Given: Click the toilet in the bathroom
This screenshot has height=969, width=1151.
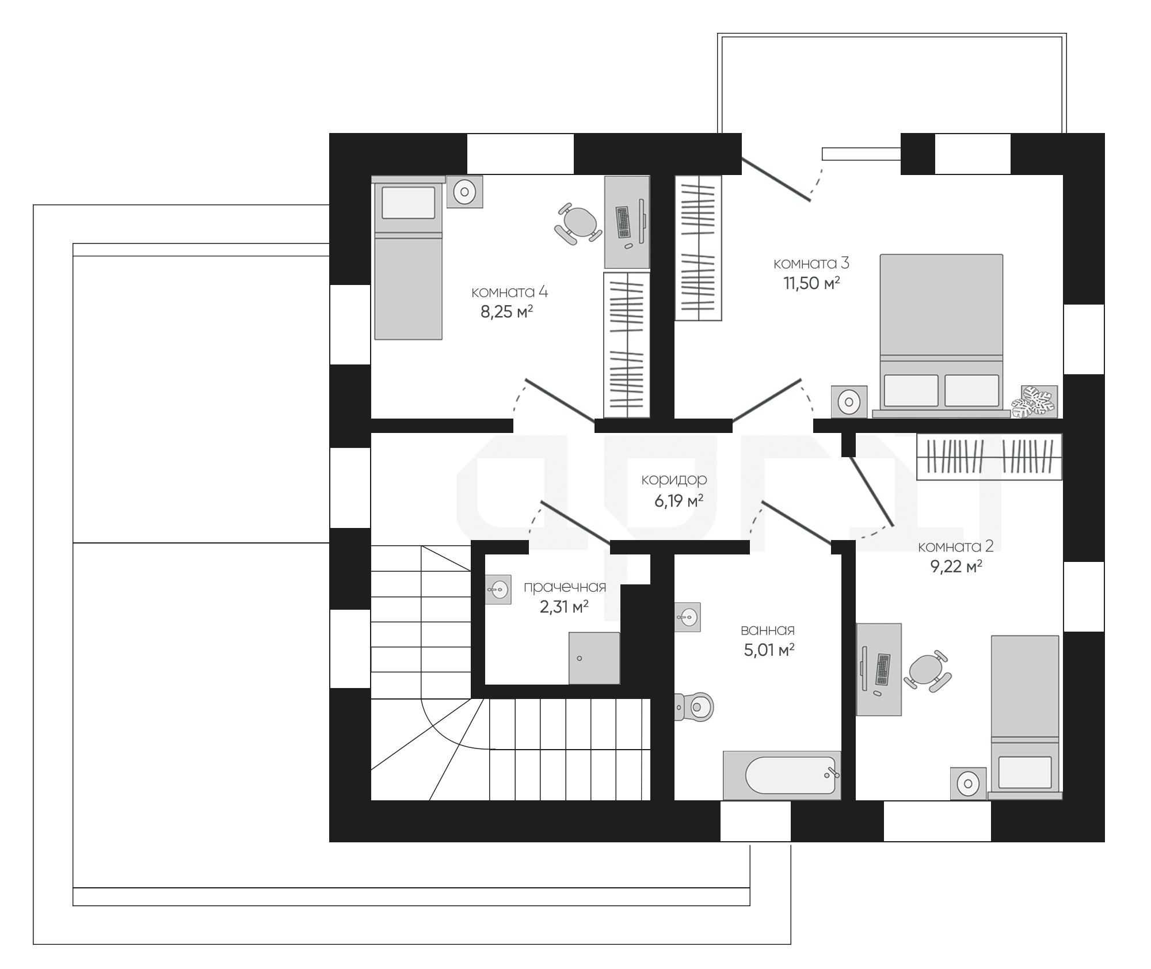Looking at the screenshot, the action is point(695,706).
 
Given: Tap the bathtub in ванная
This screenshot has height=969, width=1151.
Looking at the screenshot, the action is point(782,775).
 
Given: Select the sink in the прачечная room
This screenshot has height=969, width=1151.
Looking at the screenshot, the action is point(498,589).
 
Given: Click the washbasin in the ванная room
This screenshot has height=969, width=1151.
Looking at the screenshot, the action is point(688,617).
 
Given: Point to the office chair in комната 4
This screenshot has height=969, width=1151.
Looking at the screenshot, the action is point(578,223).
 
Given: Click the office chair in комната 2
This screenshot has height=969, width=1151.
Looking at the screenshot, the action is point(927,671).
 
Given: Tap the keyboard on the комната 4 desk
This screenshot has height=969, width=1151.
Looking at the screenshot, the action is point(623,222).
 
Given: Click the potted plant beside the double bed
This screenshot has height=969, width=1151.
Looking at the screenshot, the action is point(1035,401).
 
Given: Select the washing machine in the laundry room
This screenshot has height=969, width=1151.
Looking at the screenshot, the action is point(594,658).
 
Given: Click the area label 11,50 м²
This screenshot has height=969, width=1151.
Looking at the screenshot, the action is point(811,283).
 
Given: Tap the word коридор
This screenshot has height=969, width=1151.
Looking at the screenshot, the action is point(674,480).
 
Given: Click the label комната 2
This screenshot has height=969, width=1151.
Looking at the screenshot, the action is point(956,546).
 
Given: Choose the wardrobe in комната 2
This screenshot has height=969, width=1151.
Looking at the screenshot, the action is point(989,456).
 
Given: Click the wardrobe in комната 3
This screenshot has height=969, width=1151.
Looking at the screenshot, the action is point(698,248).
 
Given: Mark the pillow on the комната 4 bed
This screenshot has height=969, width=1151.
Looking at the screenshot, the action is point(408,202).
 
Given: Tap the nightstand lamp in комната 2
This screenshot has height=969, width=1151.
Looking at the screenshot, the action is point(968,784).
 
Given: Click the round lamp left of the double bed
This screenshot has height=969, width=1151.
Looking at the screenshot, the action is point(849,401).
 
